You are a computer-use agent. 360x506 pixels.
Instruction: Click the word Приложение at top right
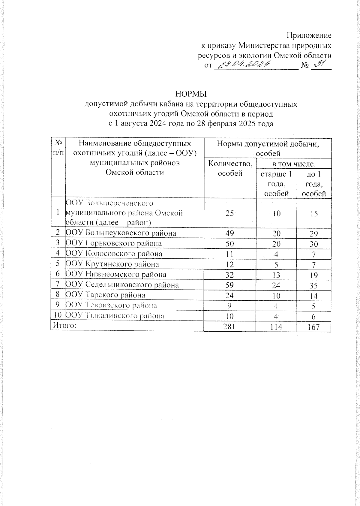(309, 35)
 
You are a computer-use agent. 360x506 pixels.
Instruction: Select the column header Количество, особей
(230, 168)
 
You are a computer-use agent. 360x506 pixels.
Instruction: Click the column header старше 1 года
(276, 184)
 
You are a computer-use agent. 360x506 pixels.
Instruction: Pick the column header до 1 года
(314, 184)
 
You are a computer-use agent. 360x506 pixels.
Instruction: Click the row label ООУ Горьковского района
(114, 243)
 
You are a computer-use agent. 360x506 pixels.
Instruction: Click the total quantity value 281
(229, 327)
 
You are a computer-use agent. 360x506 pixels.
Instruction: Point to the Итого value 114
(276, 327)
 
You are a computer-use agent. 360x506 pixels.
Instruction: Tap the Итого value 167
(313, 327)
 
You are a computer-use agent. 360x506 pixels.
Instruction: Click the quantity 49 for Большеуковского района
(229, 233)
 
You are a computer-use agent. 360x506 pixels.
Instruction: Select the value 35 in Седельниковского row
(314, 285)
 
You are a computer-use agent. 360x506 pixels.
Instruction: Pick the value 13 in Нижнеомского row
(276, 275)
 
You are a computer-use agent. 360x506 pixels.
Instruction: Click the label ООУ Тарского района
(105, 295)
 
